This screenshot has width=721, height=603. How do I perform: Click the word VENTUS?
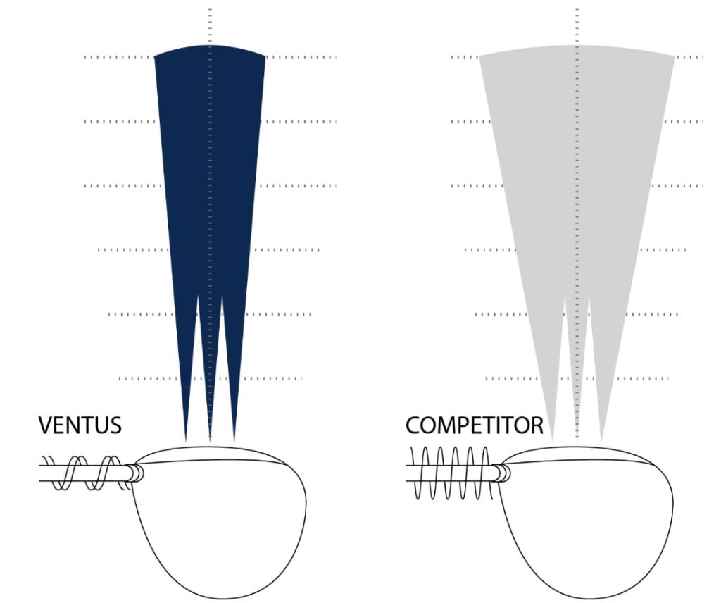[80, 425]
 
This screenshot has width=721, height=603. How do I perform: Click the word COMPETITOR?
[474, 425]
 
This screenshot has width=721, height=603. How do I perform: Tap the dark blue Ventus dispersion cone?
[210, 176]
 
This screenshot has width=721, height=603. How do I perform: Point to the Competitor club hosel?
[502, 473]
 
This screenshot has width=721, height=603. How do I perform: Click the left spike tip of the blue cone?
[186, 441]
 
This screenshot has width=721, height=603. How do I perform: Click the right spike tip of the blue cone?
[234, 441]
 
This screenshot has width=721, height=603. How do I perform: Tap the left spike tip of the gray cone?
[553, 441]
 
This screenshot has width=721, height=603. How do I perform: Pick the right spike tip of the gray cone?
[601, 441]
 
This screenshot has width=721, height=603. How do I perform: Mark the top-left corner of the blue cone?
[155, 56]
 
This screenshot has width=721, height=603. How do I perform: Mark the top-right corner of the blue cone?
[265, 56]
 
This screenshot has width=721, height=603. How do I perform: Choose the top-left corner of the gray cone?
[480, 56]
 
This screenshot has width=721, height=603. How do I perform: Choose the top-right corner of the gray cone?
[675, 56]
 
